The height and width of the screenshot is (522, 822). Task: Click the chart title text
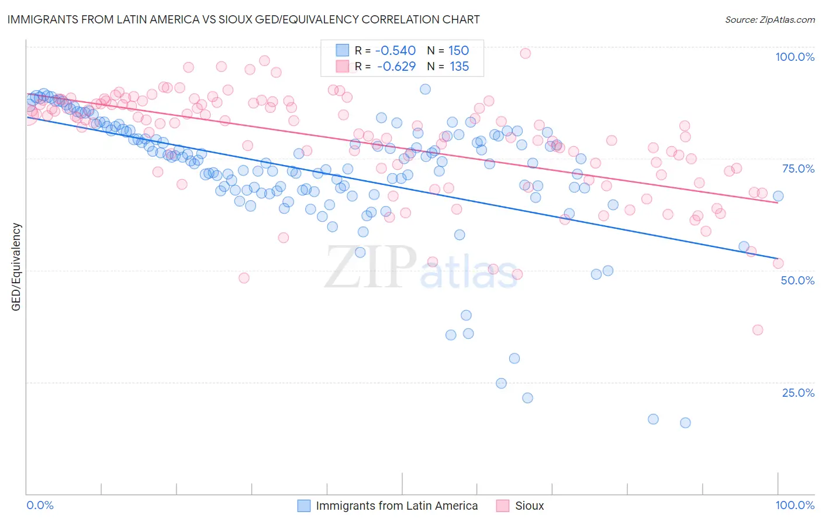click(x=244, y=19)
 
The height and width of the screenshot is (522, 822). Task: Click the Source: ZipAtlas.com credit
click(x=769, y=20)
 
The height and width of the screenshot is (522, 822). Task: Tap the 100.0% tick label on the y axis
click(x=795, y=57)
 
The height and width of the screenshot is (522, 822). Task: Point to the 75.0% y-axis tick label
click(x=798, y=169)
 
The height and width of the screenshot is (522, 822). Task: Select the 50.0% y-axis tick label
click(x=797, y=280)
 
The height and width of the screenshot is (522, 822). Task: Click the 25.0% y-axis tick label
click(x=798, y=393)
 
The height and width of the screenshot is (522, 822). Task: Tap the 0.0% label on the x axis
click(x=40, y=505)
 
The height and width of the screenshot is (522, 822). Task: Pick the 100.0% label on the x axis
click(x=795, y=505)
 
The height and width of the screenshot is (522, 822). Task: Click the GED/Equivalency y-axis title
click(x=16, y=267)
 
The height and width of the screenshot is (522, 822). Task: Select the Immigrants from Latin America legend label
click(x=396, y=506)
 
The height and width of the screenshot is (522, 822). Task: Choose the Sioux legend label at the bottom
click(x=529, y=506)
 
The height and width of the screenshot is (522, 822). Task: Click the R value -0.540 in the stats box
click(x=395, y=50)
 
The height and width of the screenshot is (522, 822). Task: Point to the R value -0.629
click(x=396, y=66)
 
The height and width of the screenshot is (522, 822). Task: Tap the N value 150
click(x=458, y=50)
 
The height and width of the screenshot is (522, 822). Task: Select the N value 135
click(x=459, y=66)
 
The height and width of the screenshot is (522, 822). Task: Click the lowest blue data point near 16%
click(x=685, y=423)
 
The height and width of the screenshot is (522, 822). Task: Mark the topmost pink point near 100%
click(x=525, y=53)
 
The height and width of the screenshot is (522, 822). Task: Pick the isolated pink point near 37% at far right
click(x=758, y=330)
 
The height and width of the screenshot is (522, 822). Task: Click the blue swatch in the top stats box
click(x=342, y=50)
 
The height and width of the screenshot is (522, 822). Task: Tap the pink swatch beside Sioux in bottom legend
click(x=502, y=506)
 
